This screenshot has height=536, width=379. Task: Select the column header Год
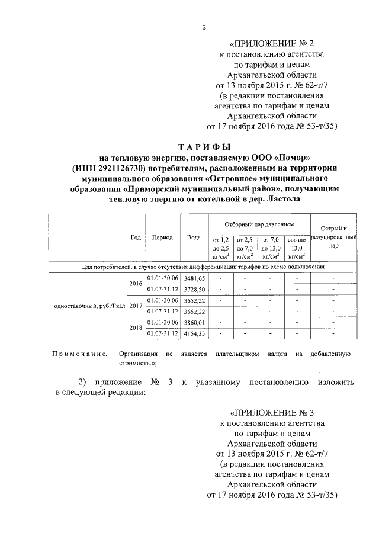136,237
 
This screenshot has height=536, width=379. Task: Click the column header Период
162,237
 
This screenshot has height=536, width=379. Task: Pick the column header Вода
193,237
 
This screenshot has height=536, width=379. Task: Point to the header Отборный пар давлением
259,225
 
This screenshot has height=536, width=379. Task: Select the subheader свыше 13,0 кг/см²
297,248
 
